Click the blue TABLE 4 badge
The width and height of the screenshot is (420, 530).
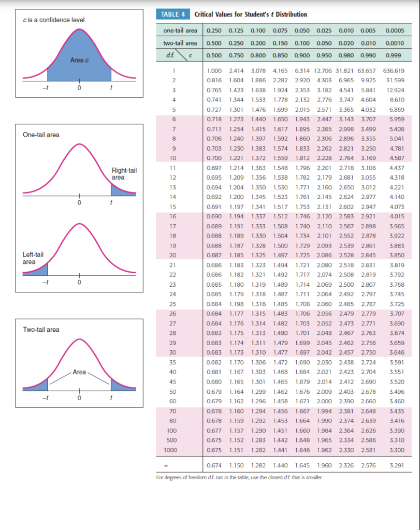coord(172,14)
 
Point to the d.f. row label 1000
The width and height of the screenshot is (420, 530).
coord(175,450)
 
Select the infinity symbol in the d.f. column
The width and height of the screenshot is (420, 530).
coord(175,466)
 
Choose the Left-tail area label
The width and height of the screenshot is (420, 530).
coord(33,258)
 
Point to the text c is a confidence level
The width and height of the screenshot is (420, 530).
coord(54,20)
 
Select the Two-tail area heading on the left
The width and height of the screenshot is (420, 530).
coord(41,330)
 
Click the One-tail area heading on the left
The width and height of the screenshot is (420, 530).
coord(41,135)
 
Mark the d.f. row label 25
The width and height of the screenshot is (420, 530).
coord(175,303)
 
